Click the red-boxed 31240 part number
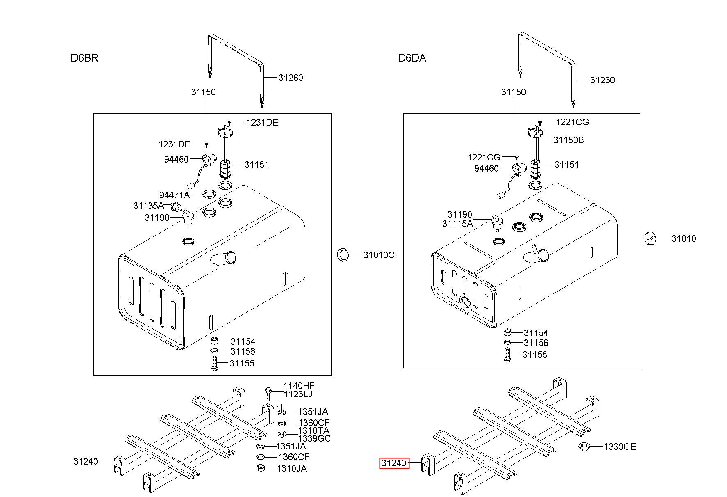coord(394,463)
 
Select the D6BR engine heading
coord(85,58)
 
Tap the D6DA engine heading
coord(412,58)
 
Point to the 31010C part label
coord(379,255)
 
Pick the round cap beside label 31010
coord(651,238)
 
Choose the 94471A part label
coord(174,195)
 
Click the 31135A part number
coord(149,206)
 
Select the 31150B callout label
coord(569,140)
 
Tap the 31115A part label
coord(457,224)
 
